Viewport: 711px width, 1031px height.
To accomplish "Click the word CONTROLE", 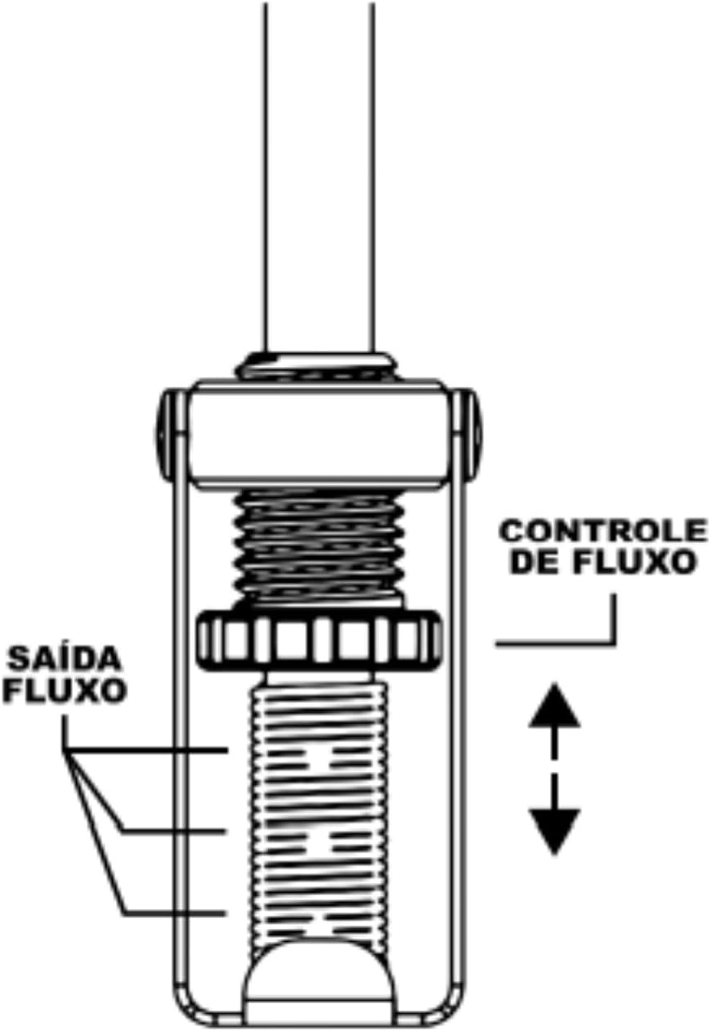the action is (602, 531).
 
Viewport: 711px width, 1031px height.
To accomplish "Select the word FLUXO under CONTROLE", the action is (633, 562).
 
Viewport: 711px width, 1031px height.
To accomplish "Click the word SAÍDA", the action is (65, 659).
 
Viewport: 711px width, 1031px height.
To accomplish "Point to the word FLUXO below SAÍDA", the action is (65, 690).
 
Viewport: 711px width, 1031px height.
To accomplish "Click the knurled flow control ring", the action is (319, 641).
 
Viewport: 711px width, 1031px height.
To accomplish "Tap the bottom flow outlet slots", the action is (319, 923).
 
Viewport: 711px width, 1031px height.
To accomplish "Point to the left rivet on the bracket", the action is (166, 436).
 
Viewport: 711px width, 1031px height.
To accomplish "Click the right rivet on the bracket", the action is (472, 436).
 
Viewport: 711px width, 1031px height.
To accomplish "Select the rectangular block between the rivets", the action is (319, 433).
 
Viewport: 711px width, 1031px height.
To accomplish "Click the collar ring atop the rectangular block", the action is (315, 366).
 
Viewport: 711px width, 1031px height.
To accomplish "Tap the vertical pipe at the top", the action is (319, 177).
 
